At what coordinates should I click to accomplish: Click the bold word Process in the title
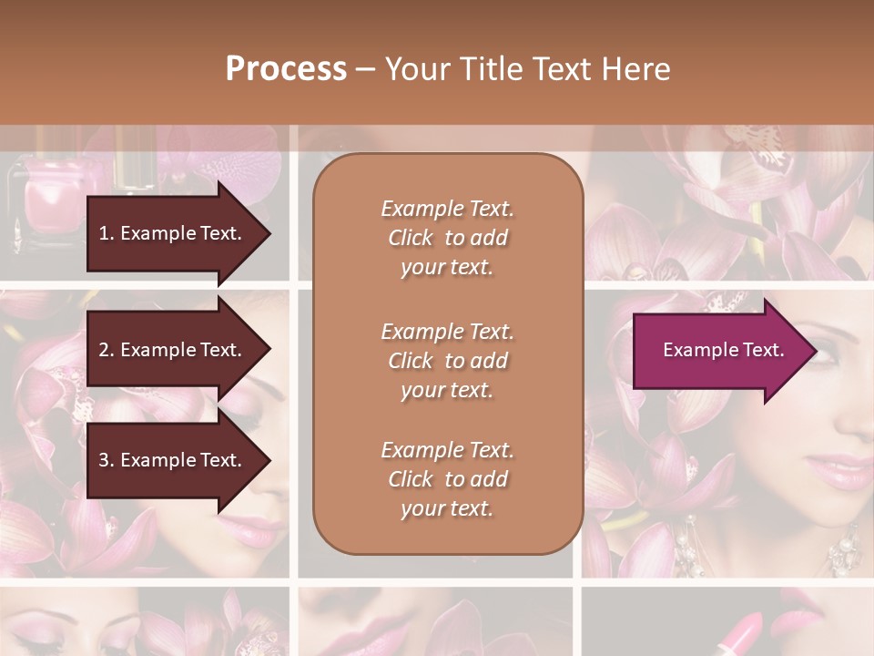(286, 69)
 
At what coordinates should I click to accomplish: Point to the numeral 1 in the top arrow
(103, 233)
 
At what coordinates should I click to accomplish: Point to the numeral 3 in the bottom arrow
(104, 460)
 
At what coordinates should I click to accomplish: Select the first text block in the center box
(447, 238)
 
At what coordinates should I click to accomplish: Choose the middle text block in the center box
(447, 361)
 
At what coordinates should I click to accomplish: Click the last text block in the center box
(447, 479)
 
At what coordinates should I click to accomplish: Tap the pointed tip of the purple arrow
(815, 351)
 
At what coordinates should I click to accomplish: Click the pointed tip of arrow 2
(269, 350)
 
